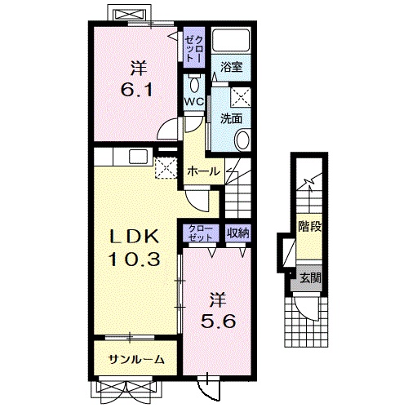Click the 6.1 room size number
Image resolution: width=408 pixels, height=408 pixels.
(x=137, y=90)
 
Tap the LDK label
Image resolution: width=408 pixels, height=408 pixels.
(x=134, y=237)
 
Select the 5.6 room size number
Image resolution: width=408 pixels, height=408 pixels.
(x=218, y=322)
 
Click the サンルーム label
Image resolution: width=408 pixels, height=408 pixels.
(x=136, y=360)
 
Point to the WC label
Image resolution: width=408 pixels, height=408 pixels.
(x=194, y=102)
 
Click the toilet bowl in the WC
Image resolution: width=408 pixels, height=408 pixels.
(x=194, y=85)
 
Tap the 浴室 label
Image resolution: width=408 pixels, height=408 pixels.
(x=231, y=67)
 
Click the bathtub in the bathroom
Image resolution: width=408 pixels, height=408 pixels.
(x=231, y=40)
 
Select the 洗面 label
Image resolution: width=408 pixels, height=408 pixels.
(x=231, y=118)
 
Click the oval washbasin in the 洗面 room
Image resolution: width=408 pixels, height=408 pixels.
(x=243, y=140)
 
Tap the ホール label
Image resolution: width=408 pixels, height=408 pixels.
(x=203, y=171)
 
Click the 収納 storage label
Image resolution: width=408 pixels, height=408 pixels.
(x=238, y=233)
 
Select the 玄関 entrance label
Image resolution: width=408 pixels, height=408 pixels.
(x=310, y=278)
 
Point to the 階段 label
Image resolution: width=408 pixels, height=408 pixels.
(x=310, y=226)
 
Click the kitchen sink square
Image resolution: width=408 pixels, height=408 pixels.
(x=138, y=157)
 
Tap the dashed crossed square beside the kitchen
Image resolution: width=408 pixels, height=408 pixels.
(x=166, y=167)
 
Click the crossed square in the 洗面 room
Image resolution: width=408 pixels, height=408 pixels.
(x=241, y=97)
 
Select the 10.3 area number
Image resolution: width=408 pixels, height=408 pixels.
(x=134, y=259)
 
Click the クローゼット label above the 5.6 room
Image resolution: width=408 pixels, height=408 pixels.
(x=201, y=233)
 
